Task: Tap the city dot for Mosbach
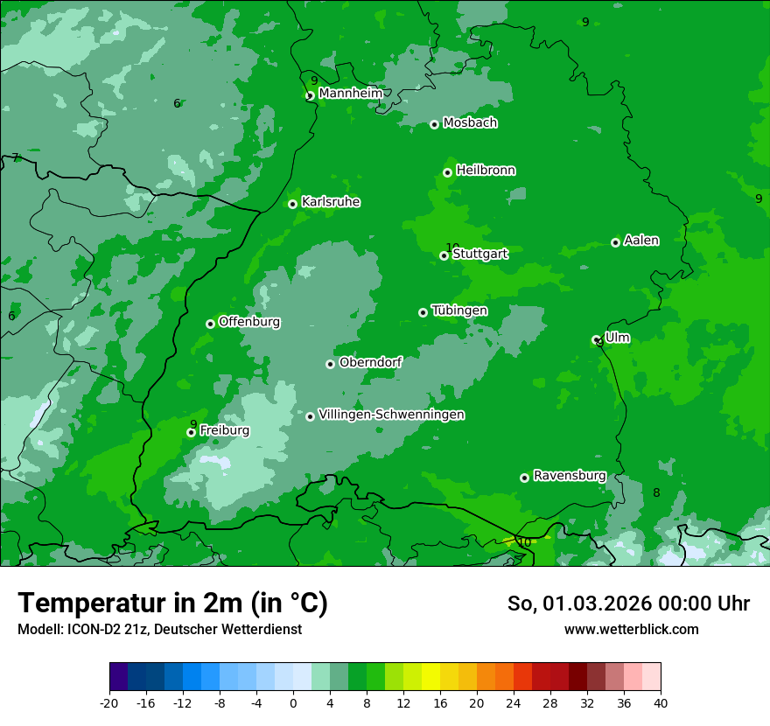click(x=434, y=124)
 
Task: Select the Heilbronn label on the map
click(x=486, y=171)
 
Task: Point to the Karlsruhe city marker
click(x=293, y=204)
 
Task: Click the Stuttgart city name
click(x=479, y=254)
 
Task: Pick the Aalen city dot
click(x=615, y=242)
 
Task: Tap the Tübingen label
click(x=459, y=311)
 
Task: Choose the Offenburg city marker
click(x=210, y=324)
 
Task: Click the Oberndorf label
click(x=370, y=362)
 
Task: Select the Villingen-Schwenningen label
click(x=391, y=415)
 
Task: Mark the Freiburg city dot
click(x=191, y=432)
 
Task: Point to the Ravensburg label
click(x=570, y=476)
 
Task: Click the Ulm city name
click(x=617, y=338)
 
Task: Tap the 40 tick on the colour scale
click(x=660, y=702)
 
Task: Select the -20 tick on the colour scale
click(x=109, y=702)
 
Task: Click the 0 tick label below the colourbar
click(x=293, y=702)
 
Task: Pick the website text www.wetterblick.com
click(x=631, y=630)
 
